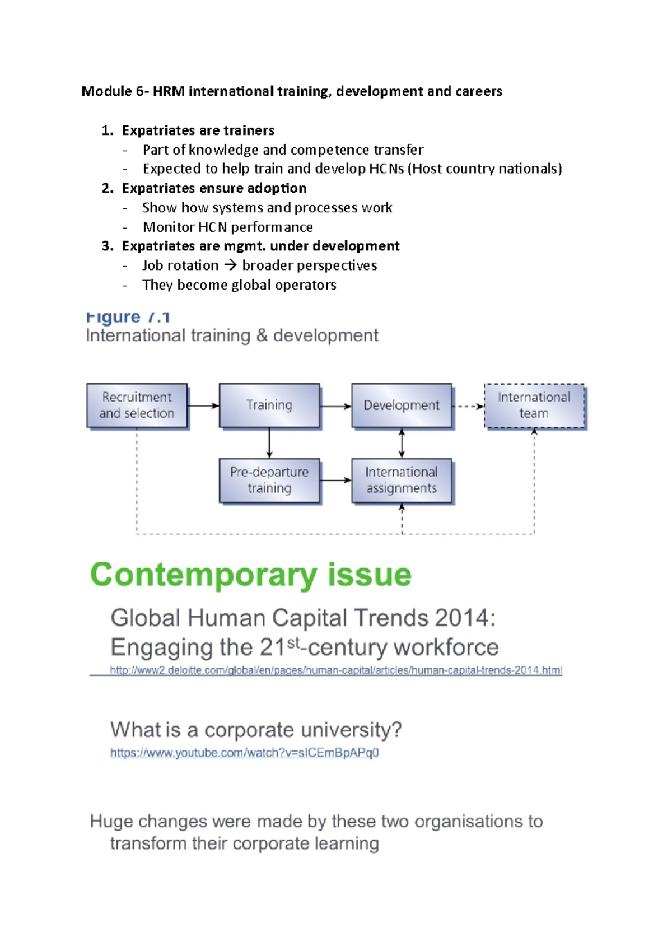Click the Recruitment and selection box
tap(137, 405)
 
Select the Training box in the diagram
tap(269, 405)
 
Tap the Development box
tap(402, 405)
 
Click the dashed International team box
tap(534, 405)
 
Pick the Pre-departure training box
tap(269, 481)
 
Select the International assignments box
tap(402, 481)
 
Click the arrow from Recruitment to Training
tap(203, 405)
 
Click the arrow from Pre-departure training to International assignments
tap(335, 481)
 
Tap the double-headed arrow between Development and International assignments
tap(402, 443)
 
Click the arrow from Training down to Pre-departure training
tap(269, 443)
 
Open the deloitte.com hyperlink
tap(335, 670)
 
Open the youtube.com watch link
tap(244, 753)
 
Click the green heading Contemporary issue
tap(251, 575)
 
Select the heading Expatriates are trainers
tap(198, 130)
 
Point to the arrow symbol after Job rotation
tap(230, 265)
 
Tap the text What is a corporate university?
tap(256, 730)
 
